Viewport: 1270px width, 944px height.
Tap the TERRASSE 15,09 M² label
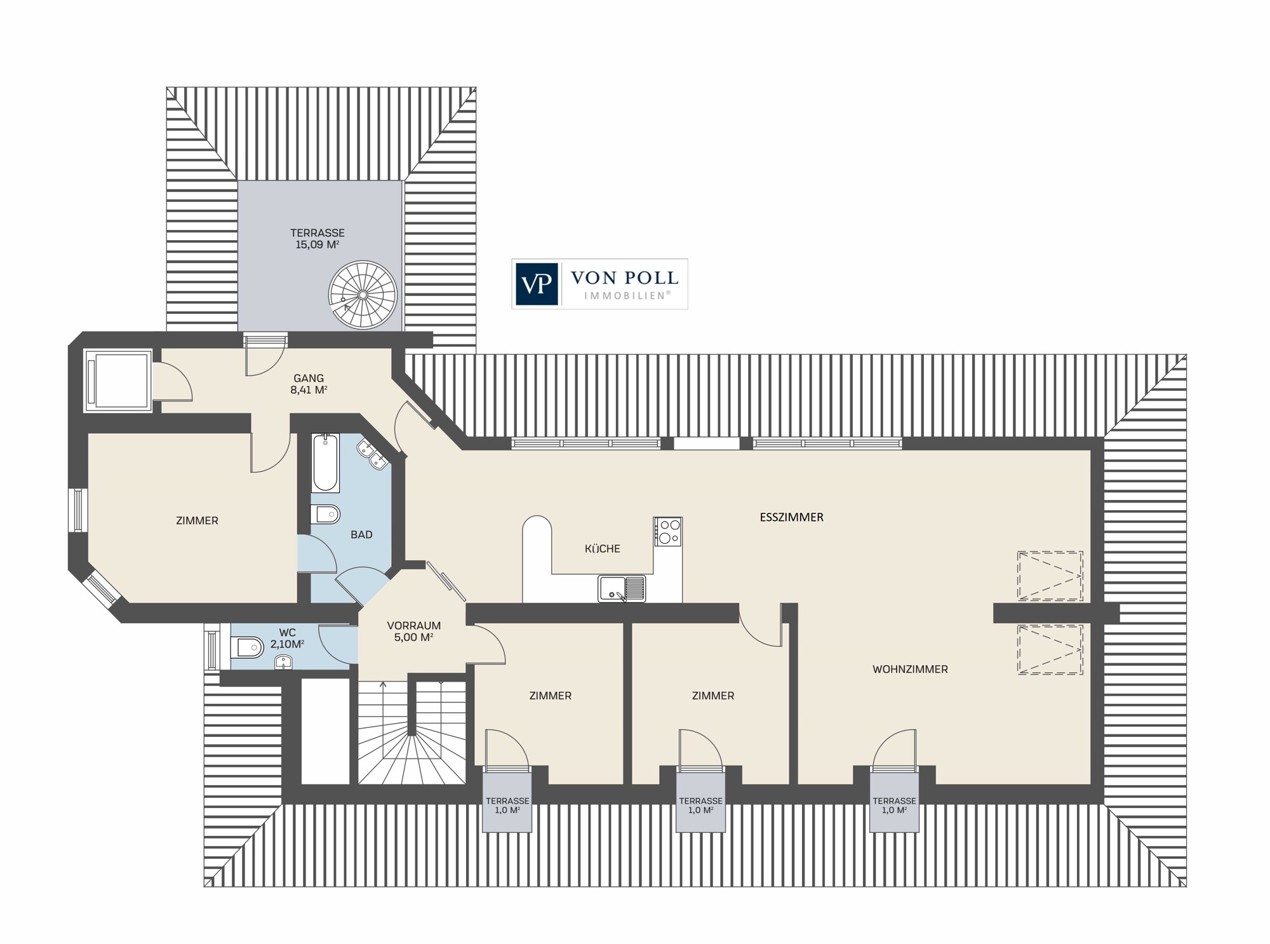click(x=317, y=239)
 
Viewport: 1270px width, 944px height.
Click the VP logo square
click(x=537, y=284)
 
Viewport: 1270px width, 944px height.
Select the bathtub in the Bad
click(x=325, y=462)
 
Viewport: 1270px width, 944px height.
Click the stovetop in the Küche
click(x=668, y=531)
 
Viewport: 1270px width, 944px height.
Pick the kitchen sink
click(x=622, y=588)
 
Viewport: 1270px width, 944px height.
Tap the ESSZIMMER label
click(x=791, y=517)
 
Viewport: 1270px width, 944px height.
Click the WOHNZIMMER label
click(x=910, y=669)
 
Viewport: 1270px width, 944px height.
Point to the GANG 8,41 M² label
click(x=309, y=384)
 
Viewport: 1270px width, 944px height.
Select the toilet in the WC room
click(x=248, y=649)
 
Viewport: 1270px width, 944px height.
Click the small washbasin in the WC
click(x=283, y=663)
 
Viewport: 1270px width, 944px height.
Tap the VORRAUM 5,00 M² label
click(x=414, y=631)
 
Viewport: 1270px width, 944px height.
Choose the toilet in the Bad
click(x=325, y=514)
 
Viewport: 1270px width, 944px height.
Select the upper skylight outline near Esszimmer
click(x=1050, y=576)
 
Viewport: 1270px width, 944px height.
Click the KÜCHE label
click(x=602, y=548)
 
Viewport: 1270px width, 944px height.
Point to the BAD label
click(x=361, y=535)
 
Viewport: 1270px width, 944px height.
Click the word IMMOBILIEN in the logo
click(x=627, y=295)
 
